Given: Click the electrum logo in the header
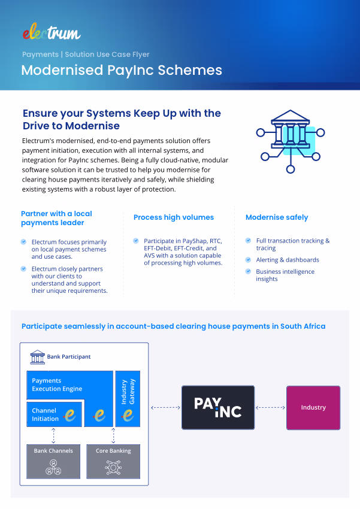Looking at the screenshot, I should pyautogui.click(x=51, y=32).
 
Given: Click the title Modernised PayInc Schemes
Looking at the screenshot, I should pyautogui.click(x=122, y=70).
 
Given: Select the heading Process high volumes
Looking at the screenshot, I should pyautogui.click(x=174, y=217).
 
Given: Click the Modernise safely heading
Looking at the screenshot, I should pyautogui.click(x=277, y=217).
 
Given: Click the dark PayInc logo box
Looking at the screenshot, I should pyautogui.click(x=218, y=407).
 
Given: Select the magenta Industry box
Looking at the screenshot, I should pyautogui.click(x=313, y=407).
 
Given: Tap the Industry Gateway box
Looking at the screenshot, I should pyautogui.click(x=127, y=398).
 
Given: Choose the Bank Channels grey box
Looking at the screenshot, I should pyautogui.click(x=53, y=461).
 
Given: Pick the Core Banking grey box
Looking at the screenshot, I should pyautogui.click(x=113, y=461).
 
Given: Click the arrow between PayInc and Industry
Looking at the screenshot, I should pyautogui.click(x=270, y=407).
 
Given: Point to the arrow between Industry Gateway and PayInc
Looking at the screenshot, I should pyautogui.click(x=166, y=407).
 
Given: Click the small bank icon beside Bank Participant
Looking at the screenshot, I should pyautogui.click(x=38, y=357).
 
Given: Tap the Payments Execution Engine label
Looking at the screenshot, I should pyautogui.click(x=57, y=384).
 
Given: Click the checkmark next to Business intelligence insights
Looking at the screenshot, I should pyautogui.click(x=250, y=272).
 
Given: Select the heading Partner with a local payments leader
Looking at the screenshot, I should pyautogui.click(x=56, y=218).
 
